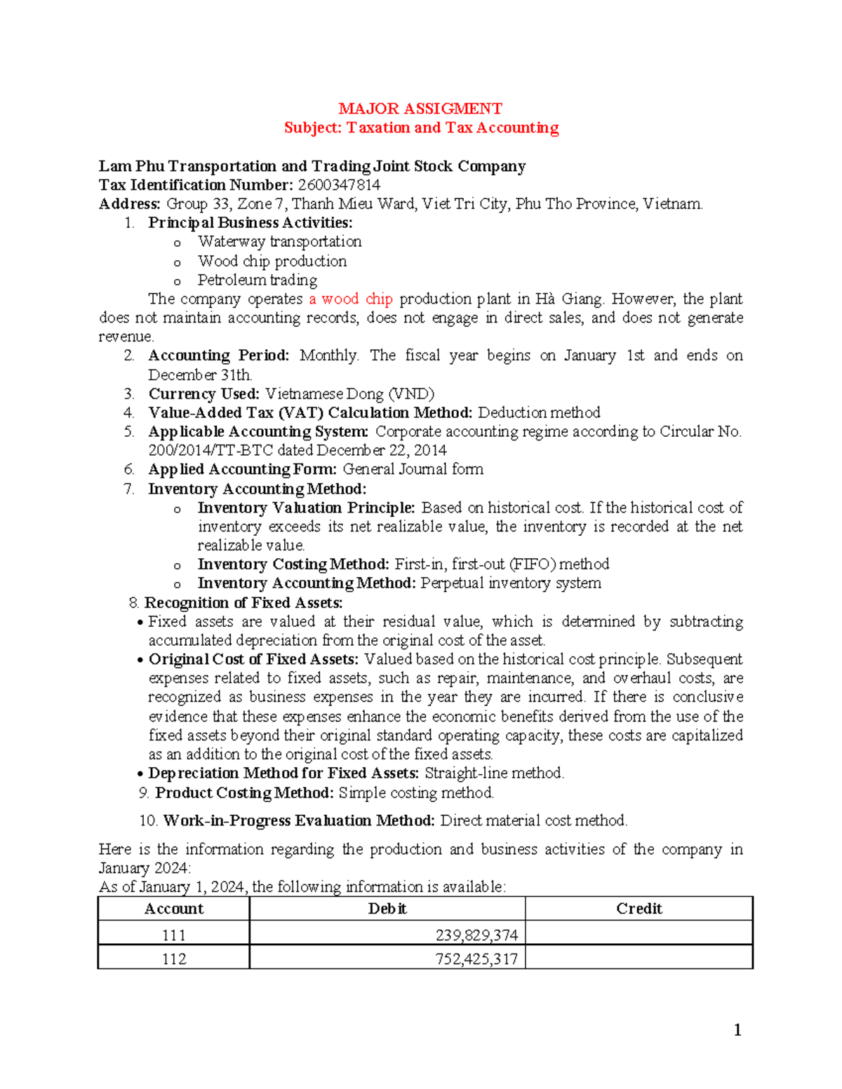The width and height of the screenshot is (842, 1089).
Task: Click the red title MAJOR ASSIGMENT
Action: [420, 109]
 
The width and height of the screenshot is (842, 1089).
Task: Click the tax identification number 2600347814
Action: [339, 185]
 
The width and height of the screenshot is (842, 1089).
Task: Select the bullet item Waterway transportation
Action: [279, 242]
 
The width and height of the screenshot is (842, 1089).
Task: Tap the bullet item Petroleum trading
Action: [257, 280]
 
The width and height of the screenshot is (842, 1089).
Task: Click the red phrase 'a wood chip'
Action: [350, 299]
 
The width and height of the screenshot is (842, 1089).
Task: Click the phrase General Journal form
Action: [413, 469]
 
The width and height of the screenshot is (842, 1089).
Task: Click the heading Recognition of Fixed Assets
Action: [243, 603]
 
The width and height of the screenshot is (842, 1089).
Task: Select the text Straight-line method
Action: [494, 773]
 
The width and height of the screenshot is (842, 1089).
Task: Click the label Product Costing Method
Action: [243, 793]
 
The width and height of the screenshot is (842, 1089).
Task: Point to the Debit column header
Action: [387, 909]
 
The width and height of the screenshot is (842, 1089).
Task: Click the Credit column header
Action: [639, 909]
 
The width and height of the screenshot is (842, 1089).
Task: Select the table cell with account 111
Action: [173, 935]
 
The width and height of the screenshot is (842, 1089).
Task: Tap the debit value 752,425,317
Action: [476, 959]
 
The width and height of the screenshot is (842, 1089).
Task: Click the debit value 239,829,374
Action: [476, 935]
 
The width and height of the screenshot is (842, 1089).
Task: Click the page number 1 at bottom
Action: [737, 1030]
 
